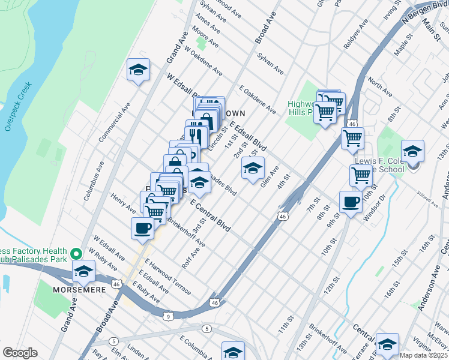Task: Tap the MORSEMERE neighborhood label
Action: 82,289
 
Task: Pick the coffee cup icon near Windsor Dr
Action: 351,202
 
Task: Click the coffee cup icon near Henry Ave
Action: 143,228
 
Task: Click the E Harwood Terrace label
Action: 167,280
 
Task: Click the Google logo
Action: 20,353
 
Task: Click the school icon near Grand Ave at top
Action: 138,70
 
